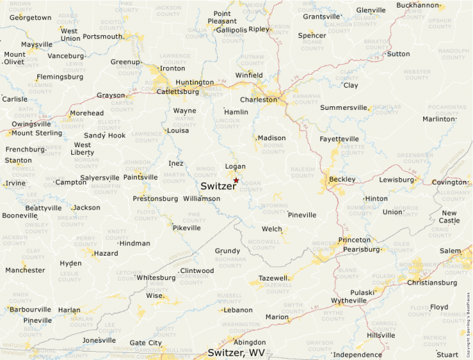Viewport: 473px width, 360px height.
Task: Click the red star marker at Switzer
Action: pos(236,180)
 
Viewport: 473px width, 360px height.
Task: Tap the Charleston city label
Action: pos(258,99)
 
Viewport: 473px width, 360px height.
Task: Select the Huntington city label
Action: pos(194,82)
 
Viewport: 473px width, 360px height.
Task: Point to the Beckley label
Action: pos(342,179)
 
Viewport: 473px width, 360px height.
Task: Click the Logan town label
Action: pos(235,167)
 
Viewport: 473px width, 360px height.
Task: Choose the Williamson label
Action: pos(202,198)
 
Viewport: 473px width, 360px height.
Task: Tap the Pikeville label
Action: pos(187,227)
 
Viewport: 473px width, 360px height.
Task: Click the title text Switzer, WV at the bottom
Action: pos(236,352)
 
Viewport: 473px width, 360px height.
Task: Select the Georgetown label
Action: pos(30,17)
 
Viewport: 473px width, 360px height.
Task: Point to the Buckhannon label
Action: pos(418,5)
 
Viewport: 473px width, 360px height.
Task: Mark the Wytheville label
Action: pos(349,301)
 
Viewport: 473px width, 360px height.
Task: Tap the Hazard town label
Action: pos(106,254)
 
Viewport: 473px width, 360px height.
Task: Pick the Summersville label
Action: pos(344,107)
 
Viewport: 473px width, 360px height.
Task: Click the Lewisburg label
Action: pos(396,179)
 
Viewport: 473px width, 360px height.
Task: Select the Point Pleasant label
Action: pos(222,17)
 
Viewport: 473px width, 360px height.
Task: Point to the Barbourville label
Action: pos(30,309)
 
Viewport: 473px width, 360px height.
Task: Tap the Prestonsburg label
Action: pos(155,198)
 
